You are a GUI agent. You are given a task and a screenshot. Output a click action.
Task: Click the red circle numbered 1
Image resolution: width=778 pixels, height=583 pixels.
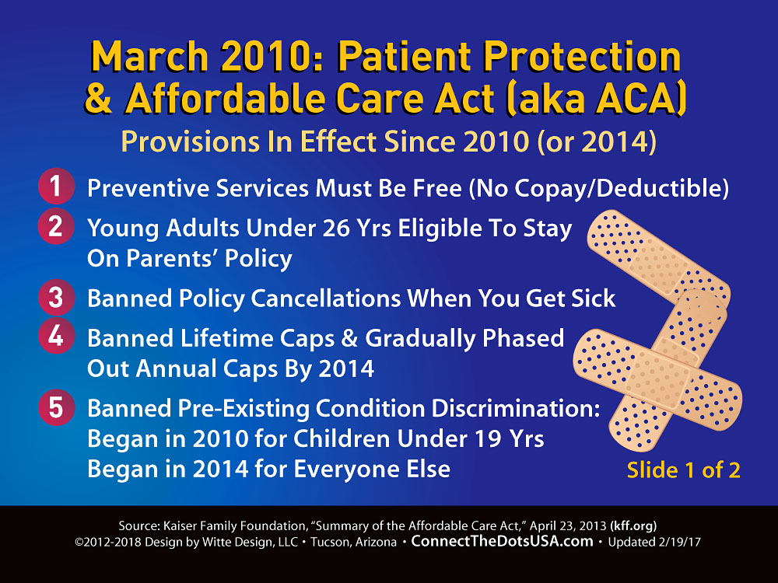(x=56, y=187)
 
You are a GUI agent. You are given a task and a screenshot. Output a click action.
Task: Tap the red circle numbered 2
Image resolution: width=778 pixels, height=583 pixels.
(x=56, y=226)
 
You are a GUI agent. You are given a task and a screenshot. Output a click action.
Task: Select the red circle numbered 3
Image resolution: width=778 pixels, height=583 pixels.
(x=56, y=298)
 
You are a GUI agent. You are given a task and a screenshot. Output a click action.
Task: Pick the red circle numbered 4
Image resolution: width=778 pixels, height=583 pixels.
(x=56, y=336)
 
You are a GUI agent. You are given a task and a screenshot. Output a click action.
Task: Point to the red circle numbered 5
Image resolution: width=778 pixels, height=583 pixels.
(x=56, y=407)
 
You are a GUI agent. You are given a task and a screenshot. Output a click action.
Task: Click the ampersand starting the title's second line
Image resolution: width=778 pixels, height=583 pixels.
(x=99, y=99)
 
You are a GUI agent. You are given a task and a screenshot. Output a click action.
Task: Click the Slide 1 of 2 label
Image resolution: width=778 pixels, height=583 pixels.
(x=683, y=470)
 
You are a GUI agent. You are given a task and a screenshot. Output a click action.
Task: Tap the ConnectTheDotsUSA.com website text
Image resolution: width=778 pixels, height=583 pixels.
(x=502, y=541)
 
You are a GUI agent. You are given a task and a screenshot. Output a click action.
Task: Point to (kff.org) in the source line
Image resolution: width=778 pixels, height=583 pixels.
(x=633, y=526)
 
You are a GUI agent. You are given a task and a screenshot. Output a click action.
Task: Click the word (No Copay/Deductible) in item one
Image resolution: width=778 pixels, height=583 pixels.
(x=598, y=188)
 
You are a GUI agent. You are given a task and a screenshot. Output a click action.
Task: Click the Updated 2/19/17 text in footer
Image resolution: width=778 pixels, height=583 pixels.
(x=654, y=542)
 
